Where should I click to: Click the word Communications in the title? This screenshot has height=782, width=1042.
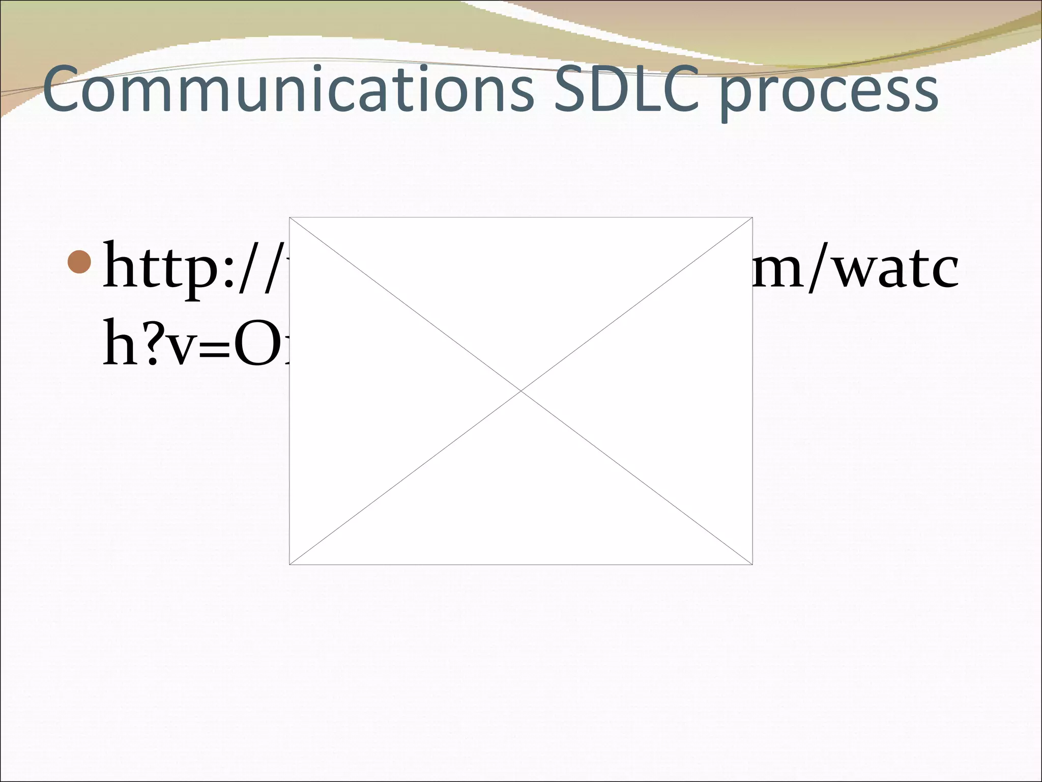[288, 90]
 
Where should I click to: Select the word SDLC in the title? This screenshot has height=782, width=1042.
[626, 90]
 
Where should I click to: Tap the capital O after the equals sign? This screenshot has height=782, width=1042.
[259, 342]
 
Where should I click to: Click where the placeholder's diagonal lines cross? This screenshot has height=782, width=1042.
[521, 391]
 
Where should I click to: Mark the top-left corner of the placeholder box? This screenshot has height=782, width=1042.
[290, 217]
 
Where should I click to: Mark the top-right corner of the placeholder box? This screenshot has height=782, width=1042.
[752, 217]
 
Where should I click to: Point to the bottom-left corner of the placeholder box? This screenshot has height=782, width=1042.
[290, 564]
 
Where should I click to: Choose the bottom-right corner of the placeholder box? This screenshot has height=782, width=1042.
[752, 564]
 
